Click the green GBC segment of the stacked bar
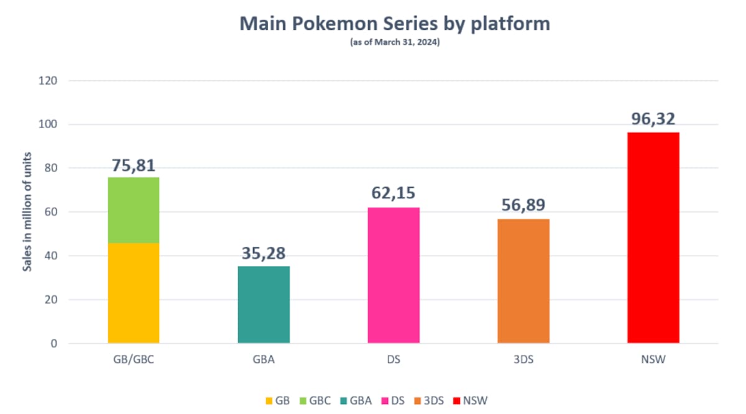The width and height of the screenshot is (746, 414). (134, 210)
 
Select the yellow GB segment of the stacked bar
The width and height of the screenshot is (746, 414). (134, 293)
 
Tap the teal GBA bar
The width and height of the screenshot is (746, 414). (264, 305)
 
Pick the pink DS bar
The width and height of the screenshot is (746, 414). (394, 275)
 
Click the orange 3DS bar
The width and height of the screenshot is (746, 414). (523, 281)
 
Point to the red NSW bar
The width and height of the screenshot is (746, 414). (653, 238)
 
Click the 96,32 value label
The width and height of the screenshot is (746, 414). (653, 119)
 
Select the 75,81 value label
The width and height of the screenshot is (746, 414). (134, 165)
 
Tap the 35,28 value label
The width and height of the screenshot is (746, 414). (264, 253)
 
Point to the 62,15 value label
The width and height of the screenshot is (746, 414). (394, 193)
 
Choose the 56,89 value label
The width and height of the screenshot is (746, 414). (523, 205)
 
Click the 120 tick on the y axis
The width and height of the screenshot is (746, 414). (48, 81)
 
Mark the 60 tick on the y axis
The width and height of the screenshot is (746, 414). (50, 212)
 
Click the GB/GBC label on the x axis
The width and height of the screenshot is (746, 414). (134, 360)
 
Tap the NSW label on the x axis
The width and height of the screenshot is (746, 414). (653, 360)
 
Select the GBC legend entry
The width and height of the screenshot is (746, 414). (315, 401)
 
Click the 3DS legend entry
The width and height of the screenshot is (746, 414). (429, 401)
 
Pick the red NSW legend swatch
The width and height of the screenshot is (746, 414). (456, 401)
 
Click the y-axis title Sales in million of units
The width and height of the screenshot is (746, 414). (27, 212)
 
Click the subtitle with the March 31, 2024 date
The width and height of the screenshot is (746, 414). (395, 42)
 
